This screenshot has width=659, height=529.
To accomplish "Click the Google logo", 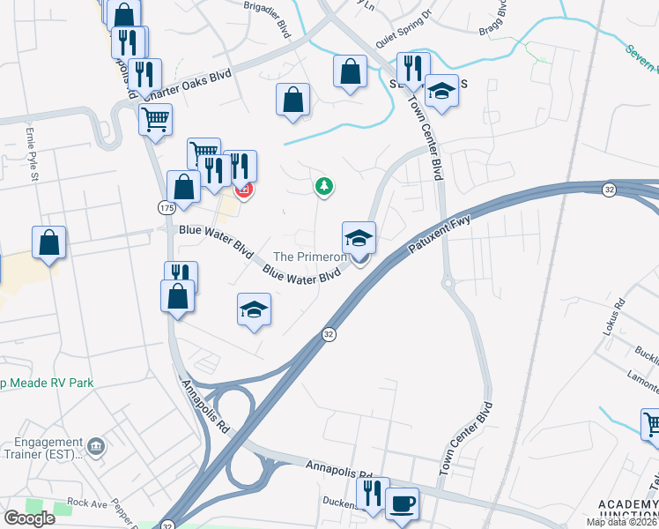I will click(29, 518).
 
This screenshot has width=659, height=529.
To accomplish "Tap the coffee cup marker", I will click(402, 503).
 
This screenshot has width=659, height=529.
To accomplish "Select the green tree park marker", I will click(325, 186).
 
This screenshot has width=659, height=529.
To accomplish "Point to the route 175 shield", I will click(167, 206).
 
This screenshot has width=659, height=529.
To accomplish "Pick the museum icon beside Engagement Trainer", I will click(97, 443).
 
